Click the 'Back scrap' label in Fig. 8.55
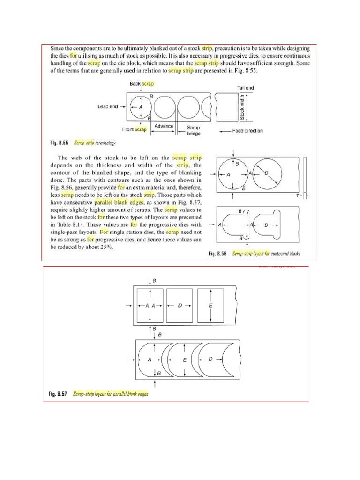pyautogui.click(x=142, y=83)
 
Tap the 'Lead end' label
pyautogui.click(x=107, y=106)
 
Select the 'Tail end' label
pyautogui.click(x=242, y=88)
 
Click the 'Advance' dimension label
pyautogui.click(x=164, y=126)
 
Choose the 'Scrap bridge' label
pyautogui.click(x=194, y=130)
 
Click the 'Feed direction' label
pyautogui.click(x=247, y=131)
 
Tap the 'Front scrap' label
pyautogui.click(x=135, y=129)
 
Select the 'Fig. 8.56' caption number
pyautogui.click(x=218, y=254)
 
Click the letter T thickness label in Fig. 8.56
pyautogui.click(x=297, y=195)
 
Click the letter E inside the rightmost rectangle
pyautogui.click(x=210, y=305)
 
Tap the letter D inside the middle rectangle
pyautogui.click(x=180, y=305)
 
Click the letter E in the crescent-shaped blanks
pyautogui.click(x=185, y=360)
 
